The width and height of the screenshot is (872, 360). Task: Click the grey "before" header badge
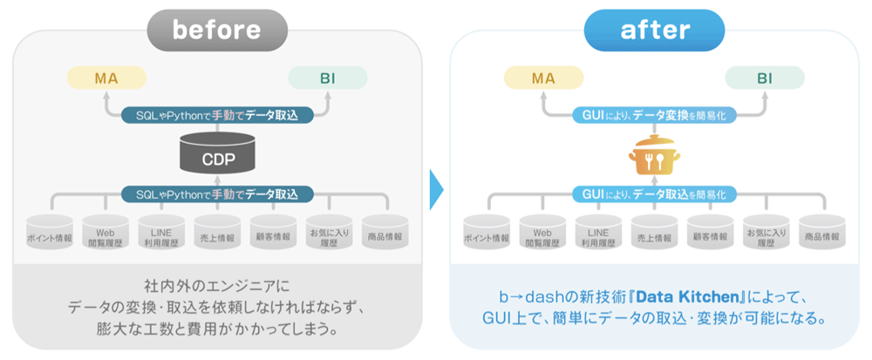click(x=216, y=30)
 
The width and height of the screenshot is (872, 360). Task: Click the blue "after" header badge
click(x=654, y=30)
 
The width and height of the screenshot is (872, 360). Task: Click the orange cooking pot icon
click(x=652, y=156)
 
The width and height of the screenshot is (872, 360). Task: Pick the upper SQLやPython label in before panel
click(x=216, y=114)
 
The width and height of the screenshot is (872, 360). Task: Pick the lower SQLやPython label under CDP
click(x=216, y=194)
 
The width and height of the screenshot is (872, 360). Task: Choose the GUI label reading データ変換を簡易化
click(x=652, y=114)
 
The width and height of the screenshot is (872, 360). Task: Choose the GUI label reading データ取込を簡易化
click(x=652, y=194)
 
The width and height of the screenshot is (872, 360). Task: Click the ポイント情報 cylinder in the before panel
click(x=50, y=234)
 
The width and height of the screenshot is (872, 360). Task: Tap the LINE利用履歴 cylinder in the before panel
click(x=161, y=234)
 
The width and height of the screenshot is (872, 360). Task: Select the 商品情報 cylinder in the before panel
click(x=385, y=234)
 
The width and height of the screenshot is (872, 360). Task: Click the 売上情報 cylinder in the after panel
click(x=653, y=234)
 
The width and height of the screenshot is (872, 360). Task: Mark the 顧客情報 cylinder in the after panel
click(x=709, y=234)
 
